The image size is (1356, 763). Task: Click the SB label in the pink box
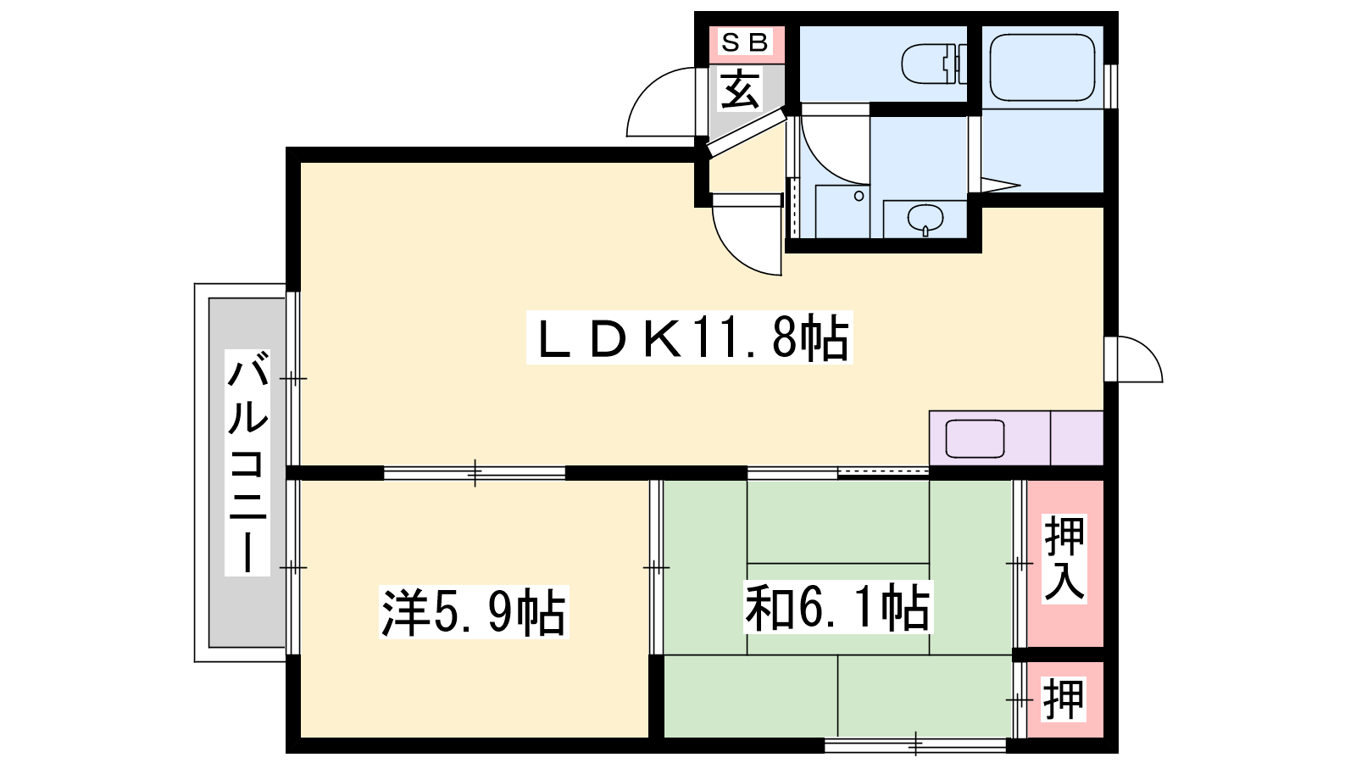745,42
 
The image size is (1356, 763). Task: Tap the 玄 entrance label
739,89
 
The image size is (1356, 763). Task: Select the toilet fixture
934,64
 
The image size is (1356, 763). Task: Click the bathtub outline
1042,67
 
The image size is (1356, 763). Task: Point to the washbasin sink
925,220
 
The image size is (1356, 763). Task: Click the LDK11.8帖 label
690,338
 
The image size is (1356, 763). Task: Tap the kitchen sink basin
975,439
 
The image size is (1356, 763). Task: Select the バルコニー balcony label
247,462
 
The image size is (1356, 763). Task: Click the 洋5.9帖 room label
474,611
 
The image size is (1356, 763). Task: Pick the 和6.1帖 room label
838,607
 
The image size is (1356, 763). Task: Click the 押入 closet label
1064,559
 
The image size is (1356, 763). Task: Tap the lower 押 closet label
1064,699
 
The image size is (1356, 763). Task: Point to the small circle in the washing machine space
859,196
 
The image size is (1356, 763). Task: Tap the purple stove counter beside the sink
1076,438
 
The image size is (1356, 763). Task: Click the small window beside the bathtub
1111,86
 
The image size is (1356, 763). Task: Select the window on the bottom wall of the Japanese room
916,744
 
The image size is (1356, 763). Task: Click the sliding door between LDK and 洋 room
475,473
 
